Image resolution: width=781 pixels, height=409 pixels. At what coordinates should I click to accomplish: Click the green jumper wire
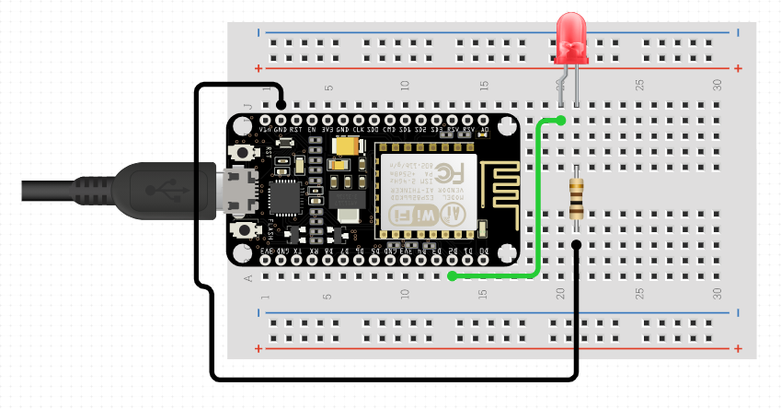[x=538, y=203]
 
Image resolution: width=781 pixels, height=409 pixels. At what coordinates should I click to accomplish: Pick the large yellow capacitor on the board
[x=348, y=145]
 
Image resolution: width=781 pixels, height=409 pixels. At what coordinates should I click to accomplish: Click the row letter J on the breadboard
[x=247, y=106]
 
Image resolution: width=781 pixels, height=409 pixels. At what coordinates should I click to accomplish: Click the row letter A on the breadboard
[x=247, y=276]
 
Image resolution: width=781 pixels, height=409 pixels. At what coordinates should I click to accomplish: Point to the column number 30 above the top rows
[x=718, y=86]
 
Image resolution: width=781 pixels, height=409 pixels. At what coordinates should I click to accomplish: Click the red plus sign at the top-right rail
[x=739, y=68]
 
